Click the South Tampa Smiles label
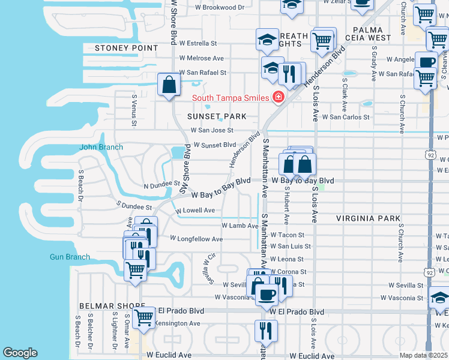click(231, 98)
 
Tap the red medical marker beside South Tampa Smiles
click(278, 97)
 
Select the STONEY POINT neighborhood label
click(127, 48)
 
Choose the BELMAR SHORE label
click(98, 305)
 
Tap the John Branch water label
click(101, 147)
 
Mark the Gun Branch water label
click(70, 257)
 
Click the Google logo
click(20, 353)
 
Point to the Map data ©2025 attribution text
click(423, 355)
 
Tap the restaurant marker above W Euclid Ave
click(266, 330)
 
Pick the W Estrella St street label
click(196, 43)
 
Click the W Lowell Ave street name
click(194, 211)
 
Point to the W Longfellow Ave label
click(196, 239)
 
